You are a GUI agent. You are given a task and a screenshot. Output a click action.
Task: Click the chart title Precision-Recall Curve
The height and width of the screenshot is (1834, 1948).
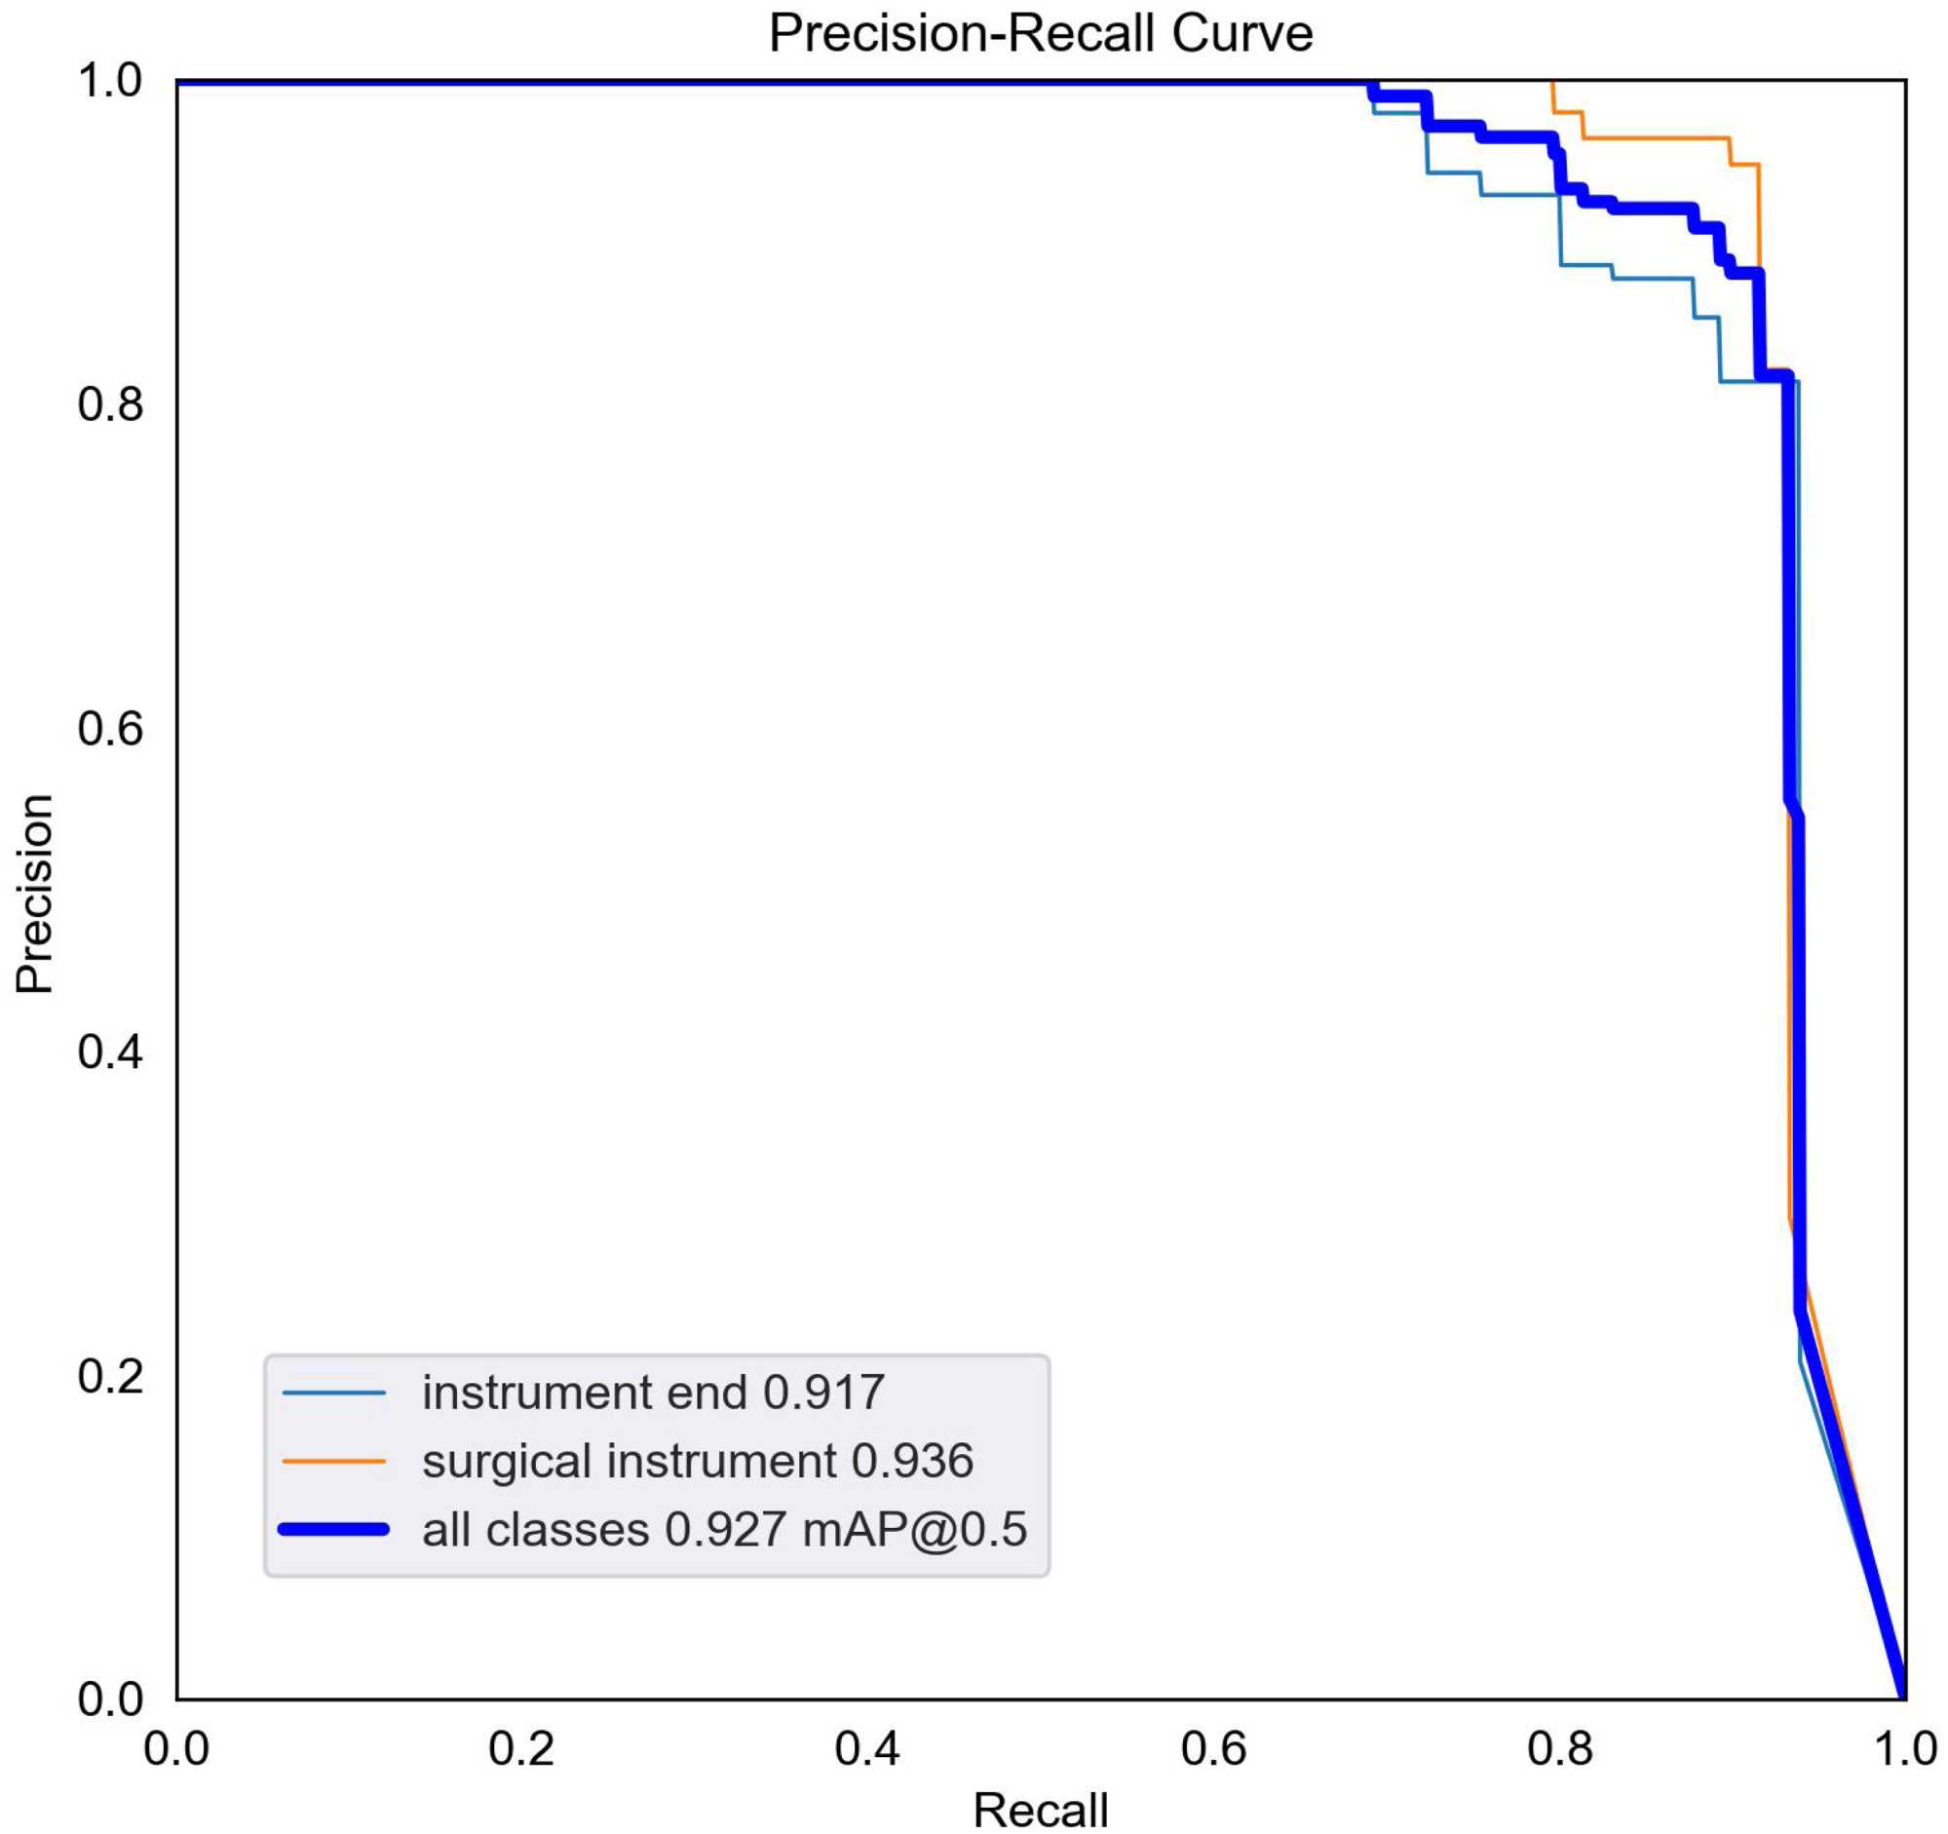1040,34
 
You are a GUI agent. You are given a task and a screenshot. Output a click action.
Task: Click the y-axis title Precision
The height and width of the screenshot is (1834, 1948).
35,894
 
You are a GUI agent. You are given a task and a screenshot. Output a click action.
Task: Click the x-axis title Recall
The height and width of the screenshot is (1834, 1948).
1040,1809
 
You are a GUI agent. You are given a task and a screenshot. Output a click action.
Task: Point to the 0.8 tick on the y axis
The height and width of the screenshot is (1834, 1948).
111,403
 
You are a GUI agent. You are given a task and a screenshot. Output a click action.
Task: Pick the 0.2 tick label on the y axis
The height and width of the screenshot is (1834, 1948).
111,1376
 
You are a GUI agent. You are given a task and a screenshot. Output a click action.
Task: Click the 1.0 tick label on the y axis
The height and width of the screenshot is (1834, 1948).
111,80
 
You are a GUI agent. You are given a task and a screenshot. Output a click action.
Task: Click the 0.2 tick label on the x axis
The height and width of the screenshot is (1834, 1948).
521,1749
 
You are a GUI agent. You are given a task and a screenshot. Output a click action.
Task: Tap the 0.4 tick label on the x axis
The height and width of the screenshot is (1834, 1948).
867,1749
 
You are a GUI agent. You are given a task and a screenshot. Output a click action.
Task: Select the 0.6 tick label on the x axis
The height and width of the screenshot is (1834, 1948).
1213,1749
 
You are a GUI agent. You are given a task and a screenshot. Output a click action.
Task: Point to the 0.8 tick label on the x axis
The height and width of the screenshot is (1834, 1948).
1559,1749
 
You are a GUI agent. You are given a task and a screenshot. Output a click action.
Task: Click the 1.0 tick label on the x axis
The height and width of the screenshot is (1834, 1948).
1904,1749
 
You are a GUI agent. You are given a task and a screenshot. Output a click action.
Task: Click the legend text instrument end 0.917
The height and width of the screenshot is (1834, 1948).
654,1393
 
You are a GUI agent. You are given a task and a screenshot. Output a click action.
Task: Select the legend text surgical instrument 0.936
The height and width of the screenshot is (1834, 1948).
698,1461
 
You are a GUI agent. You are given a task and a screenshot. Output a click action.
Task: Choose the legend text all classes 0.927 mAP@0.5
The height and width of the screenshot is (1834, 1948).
724,1529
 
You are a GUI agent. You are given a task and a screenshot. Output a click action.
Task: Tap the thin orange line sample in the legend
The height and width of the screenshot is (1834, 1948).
334,1462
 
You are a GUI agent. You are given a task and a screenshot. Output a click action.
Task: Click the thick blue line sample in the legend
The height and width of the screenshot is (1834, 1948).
334,1529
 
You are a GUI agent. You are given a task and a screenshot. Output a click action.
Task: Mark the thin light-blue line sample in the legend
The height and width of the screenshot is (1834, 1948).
334,1394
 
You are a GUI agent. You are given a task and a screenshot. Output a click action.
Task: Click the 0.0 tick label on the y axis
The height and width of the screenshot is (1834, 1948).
111,1699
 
